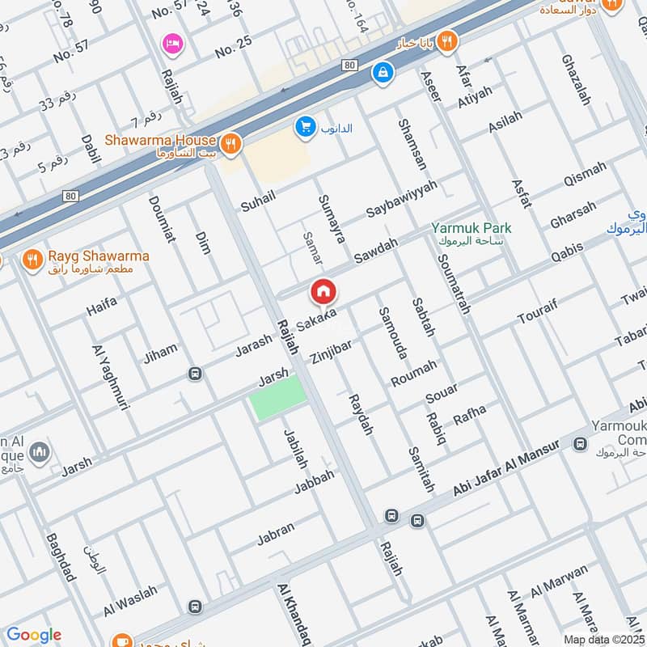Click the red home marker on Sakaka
(323, 292)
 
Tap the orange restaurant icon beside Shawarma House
(230, 143)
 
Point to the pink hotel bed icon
(171, 43)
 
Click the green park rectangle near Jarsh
(278, 397)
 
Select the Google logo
(33, 635)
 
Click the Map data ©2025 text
(603, 638)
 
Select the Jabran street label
(275, 534)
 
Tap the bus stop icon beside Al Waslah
(194, 606)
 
